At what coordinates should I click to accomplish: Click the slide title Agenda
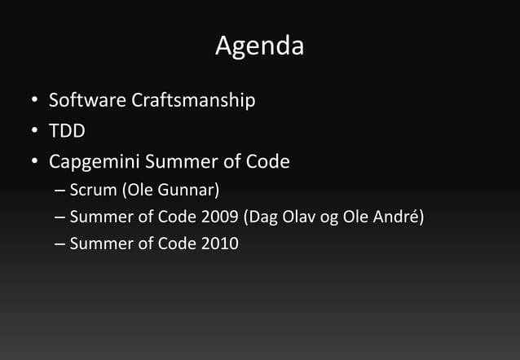click(x=259, y=46)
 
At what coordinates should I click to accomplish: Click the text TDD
click(x=67, y=131)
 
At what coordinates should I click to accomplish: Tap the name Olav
click(x=301, y=217)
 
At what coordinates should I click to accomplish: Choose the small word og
click(x=333, y=219)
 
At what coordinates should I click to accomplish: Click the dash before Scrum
click(x=60, y=192)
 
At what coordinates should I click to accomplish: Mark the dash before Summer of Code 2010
click(x=60, y=244)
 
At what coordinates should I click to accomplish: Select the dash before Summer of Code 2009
click(x=60, y=218)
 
